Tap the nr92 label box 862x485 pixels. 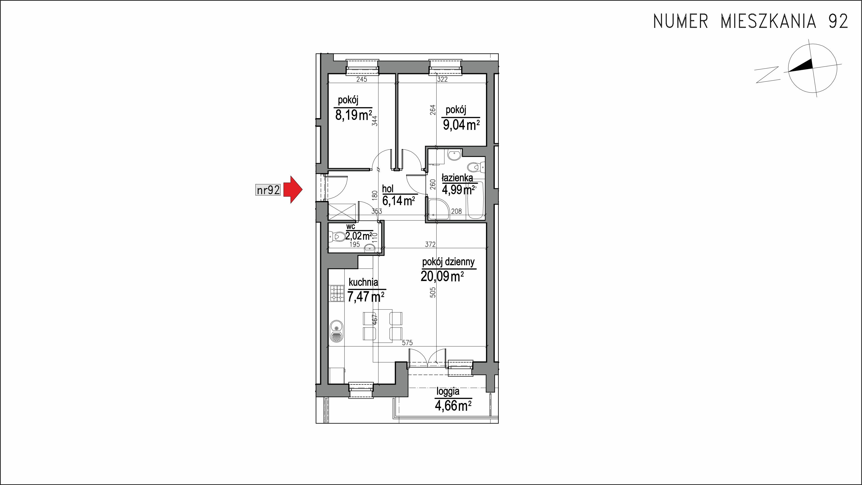(x=268, y=190)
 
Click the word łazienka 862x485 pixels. (x=457, y=178)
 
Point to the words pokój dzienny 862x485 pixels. (x=448, y=262)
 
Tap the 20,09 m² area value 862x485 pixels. (x=442, y=277)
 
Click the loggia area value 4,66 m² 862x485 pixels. (x=453, y=406)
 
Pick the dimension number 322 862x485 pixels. (x=442, y=79)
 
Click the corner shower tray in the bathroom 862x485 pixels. (x=439, y=209)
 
